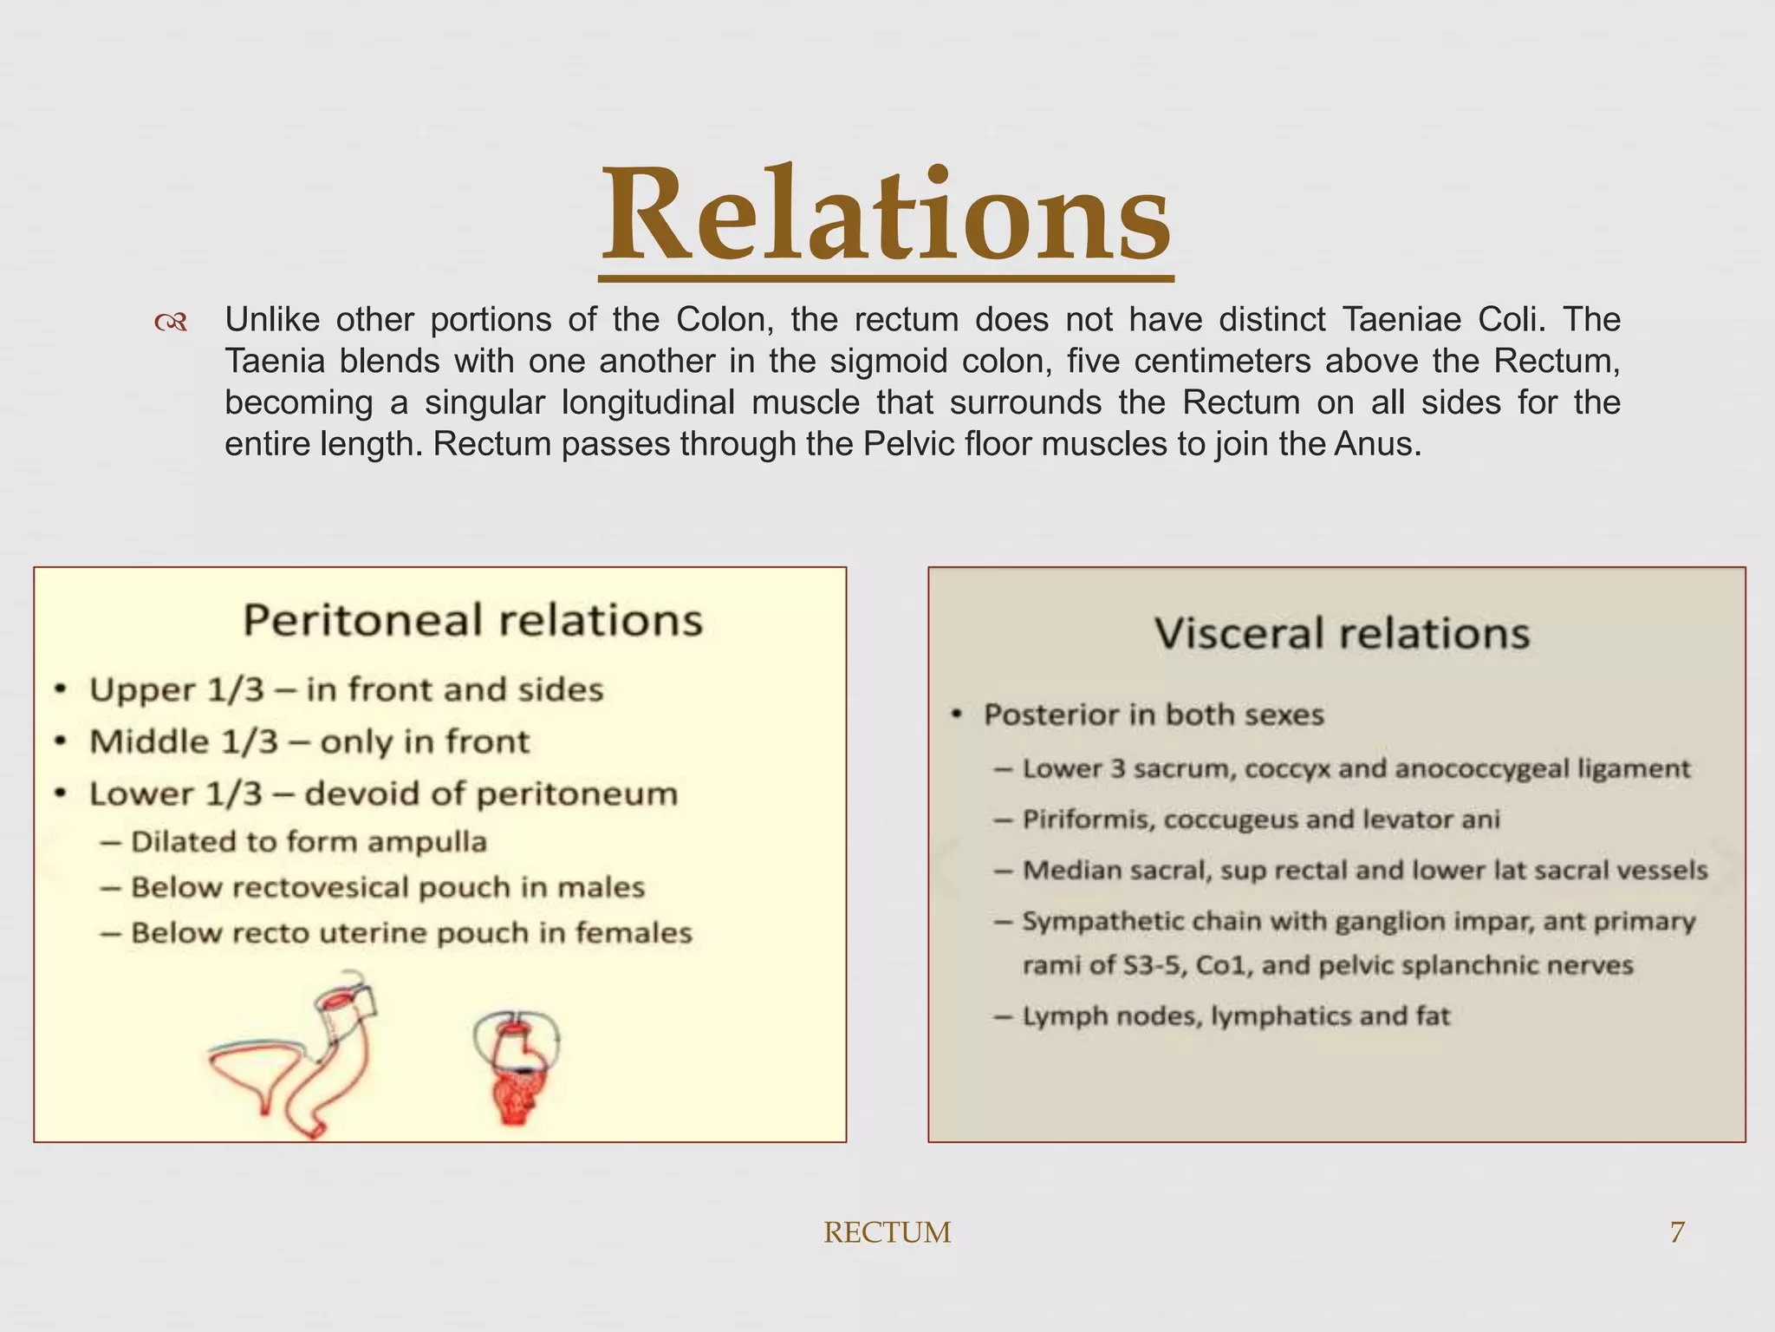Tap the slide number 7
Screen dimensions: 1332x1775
(x=1677, y=1231)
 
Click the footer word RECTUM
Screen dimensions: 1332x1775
(x=887, y=1232)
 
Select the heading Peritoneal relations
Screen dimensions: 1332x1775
(x=472, y=620)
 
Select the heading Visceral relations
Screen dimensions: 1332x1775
(x=1342, y=633)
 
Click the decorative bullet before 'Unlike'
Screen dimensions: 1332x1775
(x=171, y=323)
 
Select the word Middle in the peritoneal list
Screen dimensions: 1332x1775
(x=149, y=742)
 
